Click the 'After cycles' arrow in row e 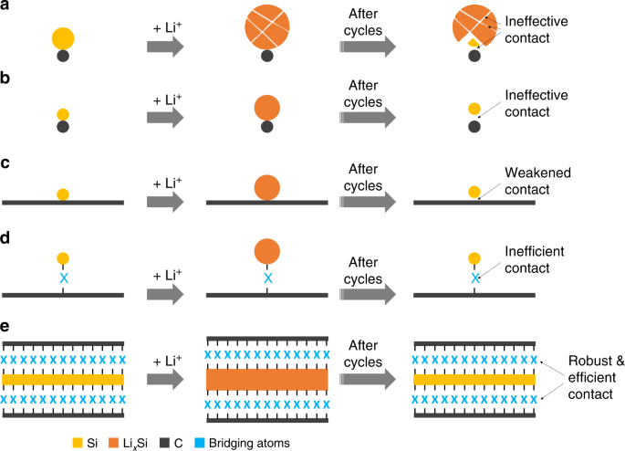pos(369,376)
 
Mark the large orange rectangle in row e pos(266,378)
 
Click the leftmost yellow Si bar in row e pos(63,378)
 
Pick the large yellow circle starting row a pos(63,38)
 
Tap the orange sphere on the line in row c pos(266,186)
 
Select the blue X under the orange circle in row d pos(266,278)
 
